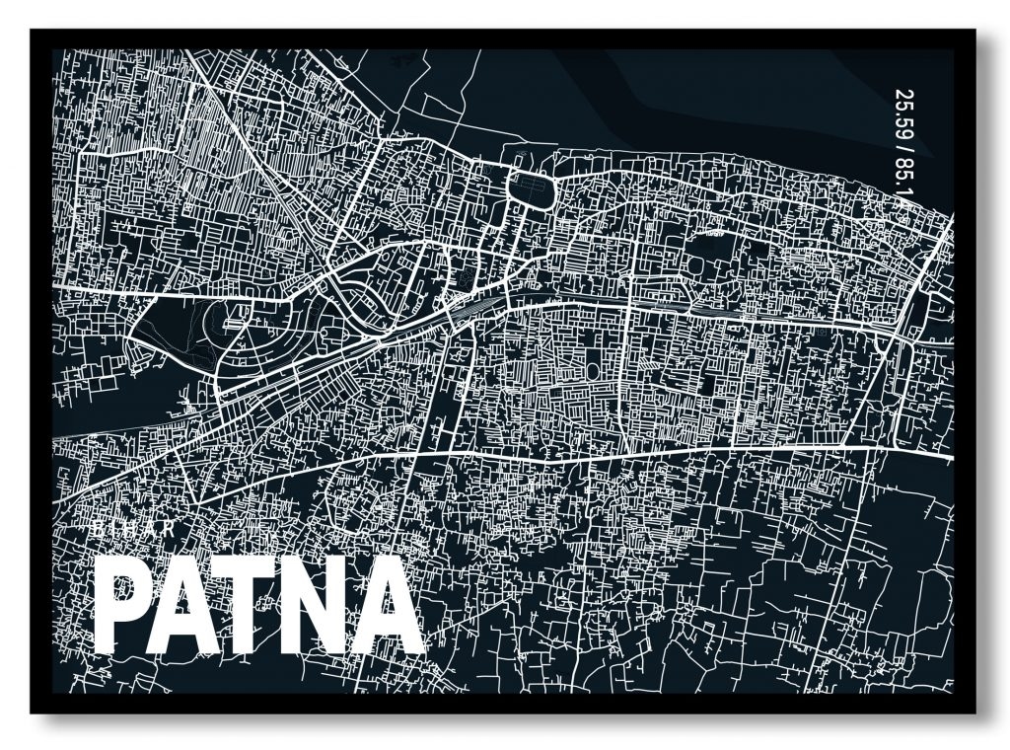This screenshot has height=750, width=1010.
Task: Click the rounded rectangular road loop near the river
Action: (531, 187)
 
